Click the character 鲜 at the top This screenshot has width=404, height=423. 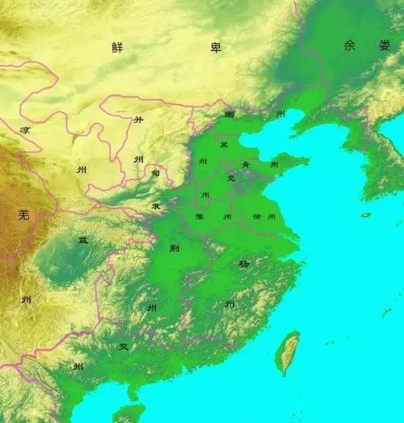pos(117,47)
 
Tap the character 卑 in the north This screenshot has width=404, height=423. pos(216,48)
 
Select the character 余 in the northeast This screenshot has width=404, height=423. pos(349,46)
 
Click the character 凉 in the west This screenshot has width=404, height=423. pos(25,129)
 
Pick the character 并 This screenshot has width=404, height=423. pos(138,119)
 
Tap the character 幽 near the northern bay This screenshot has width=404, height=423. pos(229,115)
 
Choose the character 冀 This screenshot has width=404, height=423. pos(224,144)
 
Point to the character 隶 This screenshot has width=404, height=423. pos(154,207)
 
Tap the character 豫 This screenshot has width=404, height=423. pos(199,216)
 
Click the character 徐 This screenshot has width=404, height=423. pos(258,216)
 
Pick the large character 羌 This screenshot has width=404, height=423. pos(23,214)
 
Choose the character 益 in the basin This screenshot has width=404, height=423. pos(82,240)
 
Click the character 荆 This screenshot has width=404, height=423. pos(174,248)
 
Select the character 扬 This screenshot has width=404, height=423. pos(243,264)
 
